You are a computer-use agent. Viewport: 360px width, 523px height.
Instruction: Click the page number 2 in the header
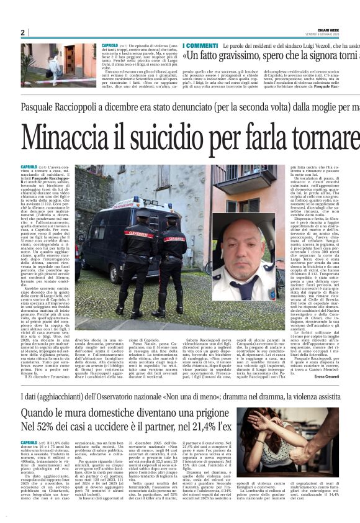[22, 32]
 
